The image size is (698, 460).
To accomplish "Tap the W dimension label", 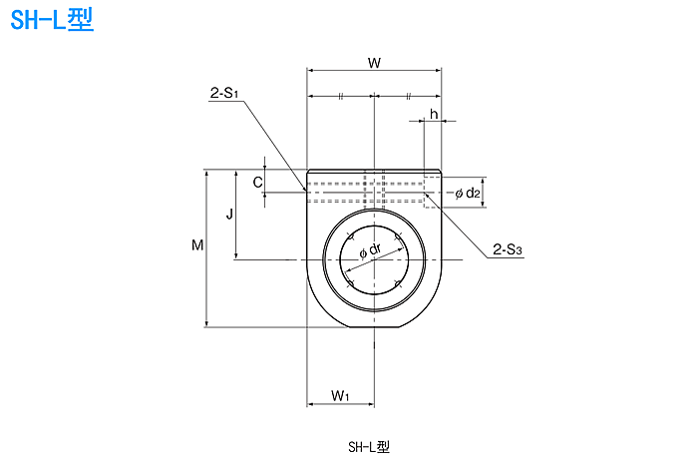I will tap(374, 63).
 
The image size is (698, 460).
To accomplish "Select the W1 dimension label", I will tap(340, 395).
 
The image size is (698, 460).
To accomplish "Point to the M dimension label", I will tap(197, 245).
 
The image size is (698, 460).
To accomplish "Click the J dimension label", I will tap(228, 214).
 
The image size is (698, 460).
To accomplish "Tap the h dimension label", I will tap(434, 114).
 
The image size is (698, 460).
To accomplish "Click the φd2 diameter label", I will tap(468, 193).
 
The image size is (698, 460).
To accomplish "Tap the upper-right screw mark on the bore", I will tap(398, 236).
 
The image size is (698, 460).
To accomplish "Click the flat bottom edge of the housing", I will tap(374, 327).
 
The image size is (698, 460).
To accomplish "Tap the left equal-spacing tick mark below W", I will tap(340, 96).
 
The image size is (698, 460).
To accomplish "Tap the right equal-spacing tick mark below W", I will tap(408, 96).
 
